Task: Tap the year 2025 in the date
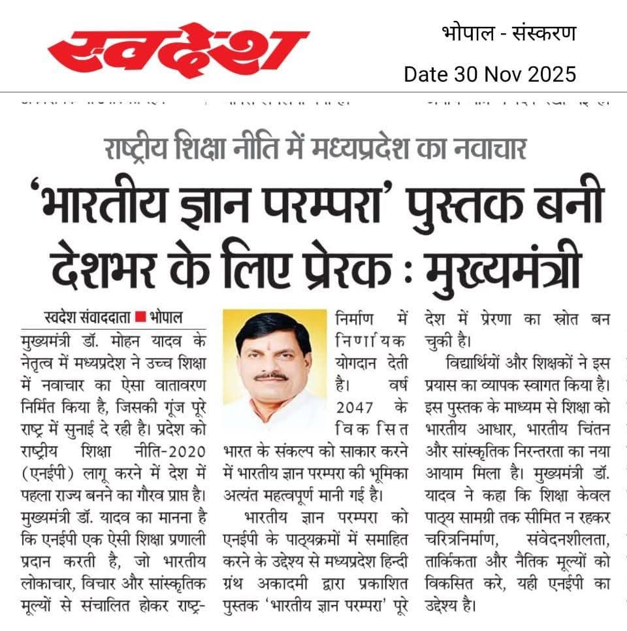coord(552,74)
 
